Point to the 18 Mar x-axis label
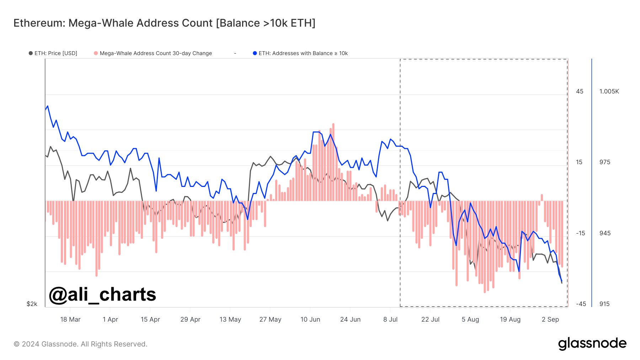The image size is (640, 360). (70, 319)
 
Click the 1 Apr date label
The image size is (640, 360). (110, 319)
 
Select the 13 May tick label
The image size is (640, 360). (230, 319)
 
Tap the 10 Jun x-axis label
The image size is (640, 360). (310, 319)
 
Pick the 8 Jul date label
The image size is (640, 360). (390, 319)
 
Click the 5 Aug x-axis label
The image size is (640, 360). (470, 319)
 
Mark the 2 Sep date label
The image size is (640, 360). (550, 319)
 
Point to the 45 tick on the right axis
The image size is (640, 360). (580, 92)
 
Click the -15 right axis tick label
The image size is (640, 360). (580, 233)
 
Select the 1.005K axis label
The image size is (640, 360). (609, 92)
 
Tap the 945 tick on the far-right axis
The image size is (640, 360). (605, 233)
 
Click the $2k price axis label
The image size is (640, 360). (32, 304)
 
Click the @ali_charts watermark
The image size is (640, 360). (102, 294)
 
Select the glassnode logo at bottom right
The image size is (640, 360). (592, 344)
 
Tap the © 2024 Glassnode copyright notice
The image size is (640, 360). (80, 344)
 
